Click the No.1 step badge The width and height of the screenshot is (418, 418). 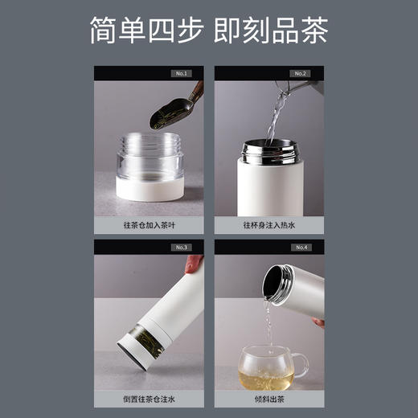pos(180,73)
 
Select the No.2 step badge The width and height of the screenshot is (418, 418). pos(300,73)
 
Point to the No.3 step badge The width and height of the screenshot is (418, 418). pos(180,247)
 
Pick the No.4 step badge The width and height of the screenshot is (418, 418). pos(300,247)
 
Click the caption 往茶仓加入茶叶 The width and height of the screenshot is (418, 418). pos(149,226)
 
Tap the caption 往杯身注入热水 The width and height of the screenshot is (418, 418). pos(269,226)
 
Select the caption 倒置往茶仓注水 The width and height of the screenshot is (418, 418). pos(149,400)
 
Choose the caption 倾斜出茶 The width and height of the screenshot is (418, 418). pos(269,400)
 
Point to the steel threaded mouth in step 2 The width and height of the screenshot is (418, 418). pos(269,150)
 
